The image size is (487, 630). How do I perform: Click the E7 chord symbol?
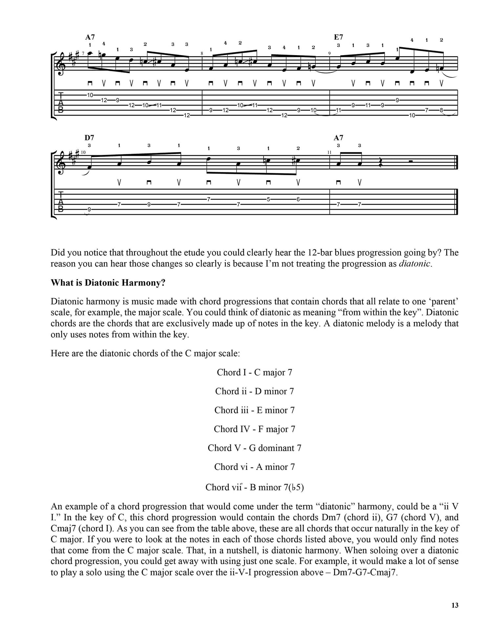(338, 37)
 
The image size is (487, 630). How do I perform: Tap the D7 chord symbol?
(90, 138)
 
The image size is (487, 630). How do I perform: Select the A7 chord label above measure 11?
(338, 138)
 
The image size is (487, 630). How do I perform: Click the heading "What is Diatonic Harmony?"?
(108, 283)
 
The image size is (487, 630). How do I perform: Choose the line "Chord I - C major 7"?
(254, 372)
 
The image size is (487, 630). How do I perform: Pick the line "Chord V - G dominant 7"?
(254, 448)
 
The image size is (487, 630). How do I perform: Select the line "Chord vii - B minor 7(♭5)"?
(254, 487)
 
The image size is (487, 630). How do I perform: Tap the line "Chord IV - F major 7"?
(254, 429)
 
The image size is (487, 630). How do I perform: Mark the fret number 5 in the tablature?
(268, 199)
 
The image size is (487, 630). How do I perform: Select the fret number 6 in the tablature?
(298, 199)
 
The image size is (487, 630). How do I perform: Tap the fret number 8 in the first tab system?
(441, 110)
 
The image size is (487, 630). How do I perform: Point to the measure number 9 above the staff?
(329, 53)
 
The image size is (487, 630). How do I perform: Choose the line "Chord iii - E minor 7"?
(254, 410)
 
